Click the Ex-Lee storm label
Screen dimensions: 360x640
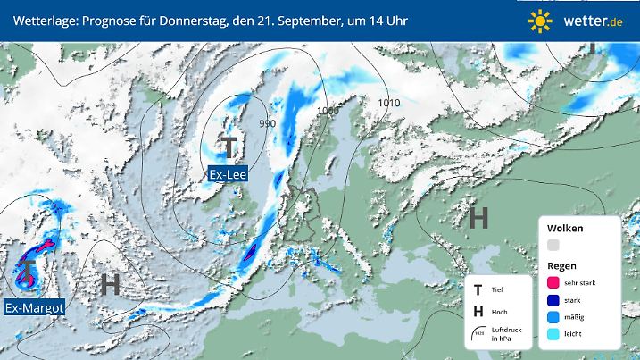tap(229, 174)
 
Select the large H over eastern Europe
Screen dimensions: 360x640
tap(478, 217)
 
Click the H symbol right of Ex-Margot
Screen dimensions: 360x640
tap(110, 285)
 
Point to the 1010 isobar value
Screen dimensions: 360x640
tap(388, 104)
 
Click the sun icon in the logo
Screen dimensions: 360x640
tap(540, 21)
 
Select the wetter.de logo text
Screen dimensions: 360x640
tap(590, 21)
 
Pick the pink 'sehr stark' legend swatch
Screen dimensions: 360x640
tap(554, 282)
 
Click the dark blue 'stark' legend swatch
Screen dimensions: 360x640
tap(554, 301)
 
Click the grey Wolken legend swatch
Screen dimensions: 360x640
tap(554, 245)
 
